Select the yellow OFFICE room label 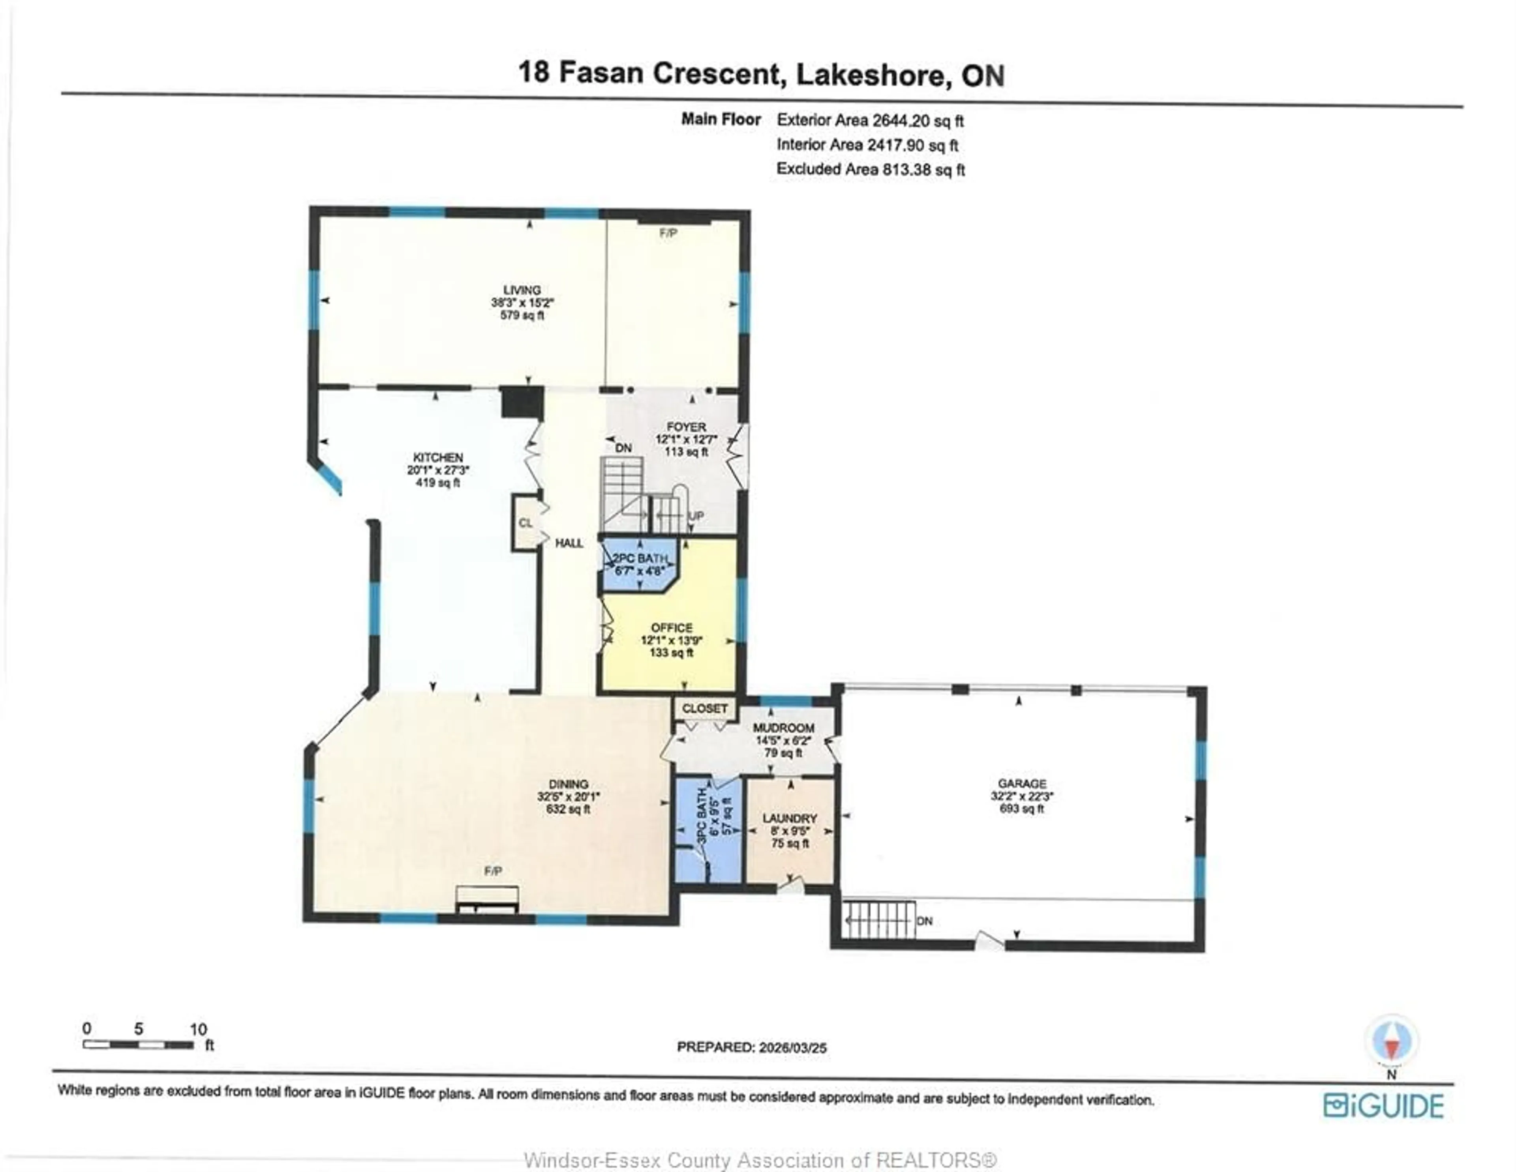671,628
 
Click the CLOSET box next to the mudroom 705,708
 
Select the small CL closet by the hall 525,523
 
